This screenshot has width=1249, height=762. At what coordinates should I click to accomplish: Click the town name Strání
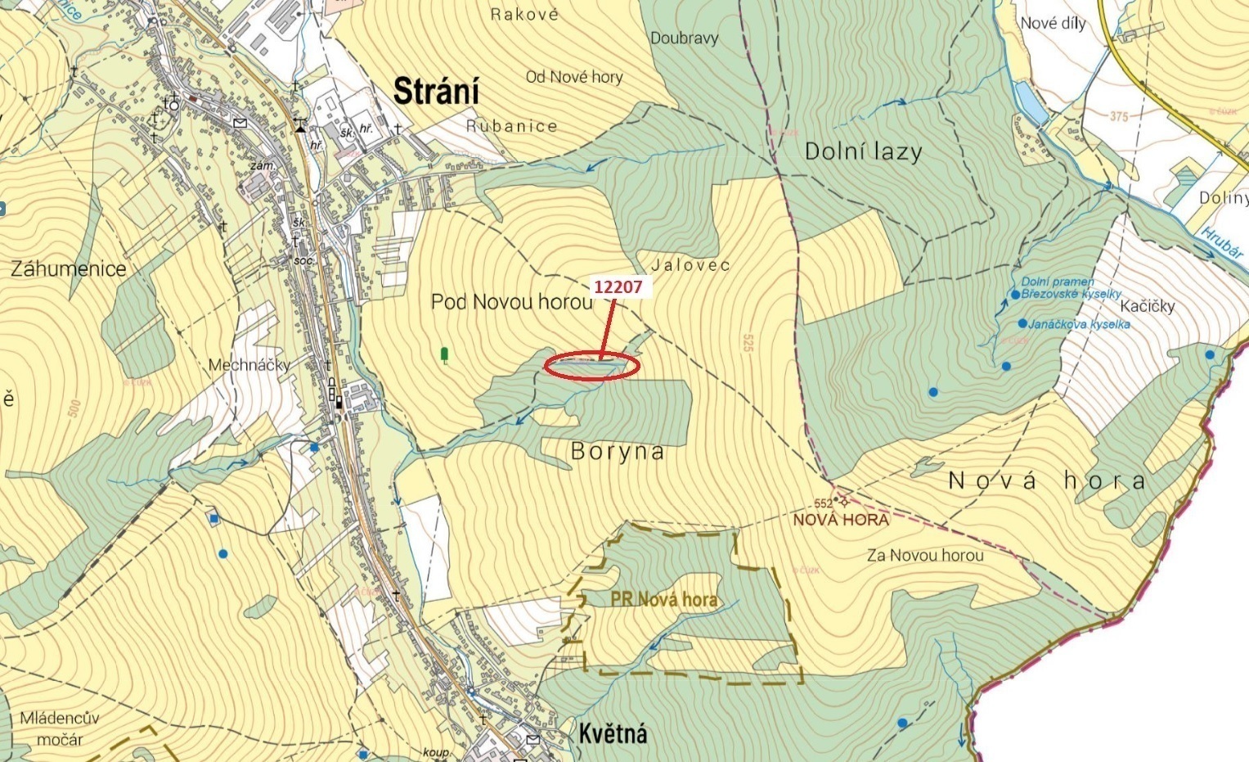(x=436, y=91)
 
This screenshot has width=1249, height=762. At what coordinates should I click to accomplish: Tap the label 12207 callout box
(x=618, y=287)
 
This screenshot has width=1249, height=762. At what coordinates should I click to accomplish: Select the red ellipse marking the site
(x=591, y=367)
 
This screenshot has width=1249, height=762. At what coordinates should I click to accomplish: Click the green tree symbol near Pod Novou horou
(x=444, y=354)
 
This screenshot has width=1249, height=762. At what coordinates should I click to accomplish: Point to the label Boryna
(x=618, y=452)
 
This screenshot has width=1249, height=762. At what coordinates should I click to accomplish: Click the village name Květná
(x=613, y=733)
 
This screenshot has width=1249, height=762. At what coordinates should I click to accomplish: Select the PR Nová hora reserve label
(x=663, y=599)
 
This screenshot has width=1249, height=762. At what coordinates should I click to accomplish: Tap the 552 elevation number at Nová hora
(x=823, y=503)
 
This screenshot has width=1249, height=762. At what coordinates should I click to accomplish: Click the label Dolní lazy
(x=863, y=151)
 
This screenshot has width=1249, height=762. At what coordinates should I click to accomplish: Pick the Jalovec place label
(x=691, y=265)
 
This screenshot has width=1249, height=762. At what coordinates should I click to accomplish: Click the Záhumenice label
(x=69, y=268)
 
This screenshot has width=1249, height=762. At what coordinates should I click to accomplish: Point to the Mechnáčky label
(x=249, y=365)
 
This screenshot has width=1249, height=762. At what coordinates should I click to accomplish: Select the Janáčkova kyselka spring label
(x=1079, y=324)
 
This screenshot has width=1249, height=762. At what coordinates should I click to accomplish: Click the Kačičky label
(x=1147, y=306)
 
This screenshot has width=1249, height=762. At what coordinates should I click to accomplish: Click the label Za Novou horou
(x=924, y=556)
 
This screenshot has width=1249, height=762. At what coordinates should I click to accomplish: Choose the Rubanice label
(x=511, y=126)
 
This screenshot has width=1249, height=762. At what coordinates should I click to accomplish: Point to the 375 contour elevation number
(x=1119, y=116)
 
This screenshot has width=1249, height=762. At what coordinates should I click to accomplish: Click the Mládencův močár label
(x=60, y=728)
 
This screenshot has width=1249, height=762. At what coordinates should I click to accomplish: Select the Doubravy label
(x=684, y=38)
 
